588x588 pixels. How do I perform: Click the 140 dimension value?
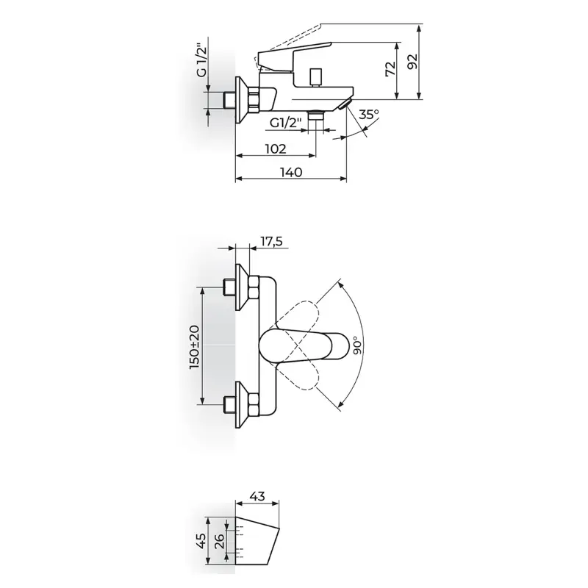tap(291, 172)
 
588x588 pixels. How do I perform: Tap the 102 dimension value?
tap(276, 149)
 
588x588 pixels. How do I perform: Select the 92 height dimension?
tap(412, 62)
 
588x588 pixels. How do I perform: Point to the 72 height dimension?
tap(391, 69)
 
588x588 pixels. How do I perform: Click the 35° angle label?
tap(369, 114)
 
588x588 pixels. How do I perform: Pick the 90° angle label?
tap(358, 345)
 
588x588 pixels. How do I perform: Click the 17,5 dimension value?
tap(271, 242)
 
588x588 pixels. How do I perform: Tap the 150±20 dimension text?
tap(195, 347)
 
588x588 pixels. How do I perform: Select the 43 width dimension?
tap(257, 496)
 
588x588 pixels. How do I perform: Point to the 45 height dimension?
tap(201, 541)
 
